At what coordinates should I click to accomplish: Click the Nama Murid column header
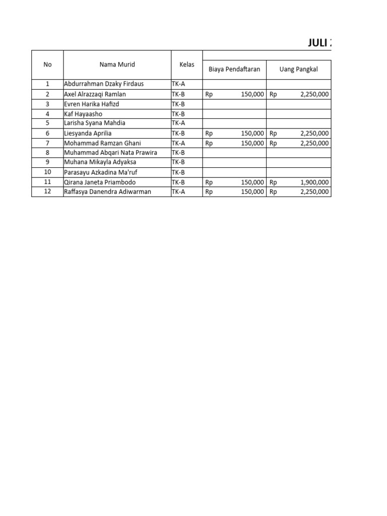[117, 64]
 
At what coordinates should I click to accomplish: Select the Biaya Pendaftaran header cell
[234, 69]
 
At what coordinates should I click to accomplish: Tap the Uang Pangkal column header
[299, 69]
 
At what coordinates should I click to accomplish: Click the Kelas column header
[187, 64]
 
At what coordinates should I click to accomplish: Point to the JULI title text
[319, 43]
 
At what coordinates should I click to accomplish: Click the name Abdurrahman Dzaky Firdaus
[104, 84]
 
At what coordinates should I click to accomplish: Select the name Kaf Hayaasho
[83, 114]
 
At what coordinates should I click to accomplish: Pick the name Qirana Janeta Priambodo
[100, 182]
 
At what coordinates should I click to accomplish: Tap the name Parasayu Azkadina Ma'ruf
[101, 172]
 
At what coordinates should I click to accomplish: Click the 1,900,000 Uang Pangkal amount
[314, 182]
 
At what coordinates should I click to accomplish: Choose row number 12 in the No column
[47, 191]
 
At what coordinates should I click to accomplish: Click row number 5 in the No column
[47, 123]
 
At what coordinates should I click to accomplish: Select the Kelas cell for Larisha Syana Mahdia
[179, 123]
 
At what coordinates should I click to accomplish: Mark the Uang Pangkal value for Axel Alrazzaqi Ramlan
[314, 94]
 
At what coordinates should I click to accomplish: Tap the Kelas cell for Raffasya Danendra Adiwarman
[179, 191]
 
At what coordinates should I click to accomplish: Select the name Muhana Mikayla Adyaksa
[100, 162]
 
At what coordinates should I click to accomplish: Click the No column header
[47, 64]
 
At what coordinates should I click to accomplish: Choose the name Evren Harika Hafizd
[92, 104]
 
